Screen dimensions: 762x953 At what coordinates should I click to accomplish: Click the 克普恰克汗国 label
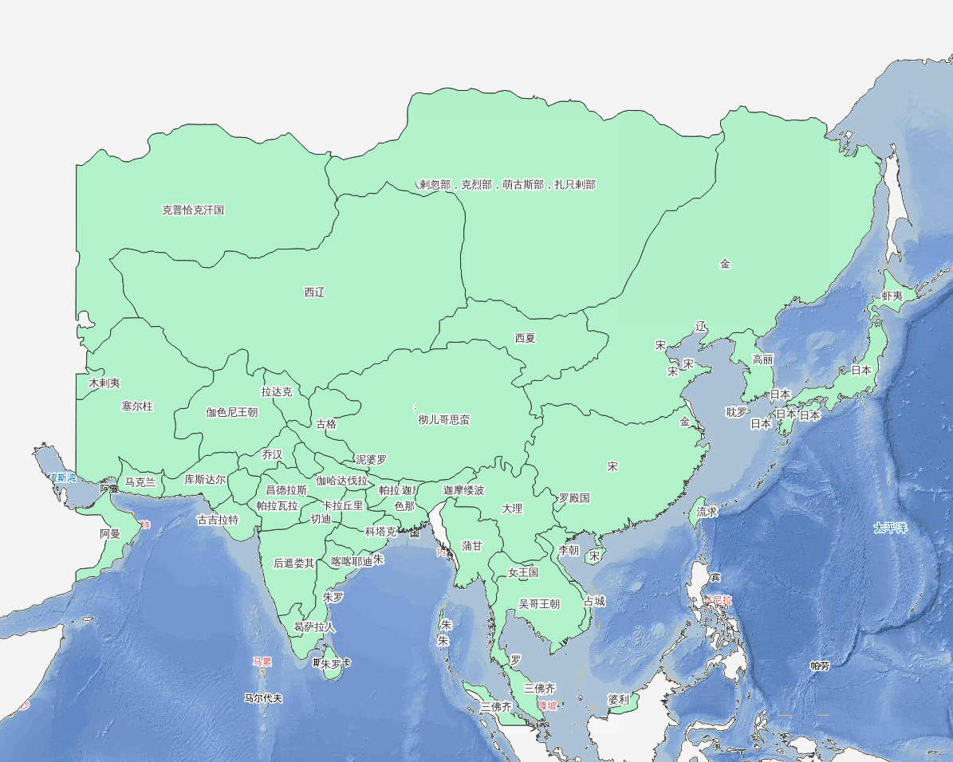[193, 210]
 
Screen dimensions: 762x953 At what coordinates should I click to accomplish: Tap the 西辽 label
[315, 293]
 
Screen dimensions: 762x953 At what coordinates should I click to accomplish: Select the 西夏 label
[526, 338]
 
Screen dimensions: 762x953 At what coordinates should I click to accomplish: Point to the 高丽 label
[763, 359]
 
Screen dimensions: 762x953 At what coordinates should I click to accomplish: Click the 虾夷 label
[892, 296]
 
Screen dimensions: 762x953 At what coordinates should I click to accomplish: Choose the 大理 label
[512, 509]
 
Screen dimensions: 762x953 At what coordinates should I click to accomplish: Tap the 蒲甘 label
[472, 546]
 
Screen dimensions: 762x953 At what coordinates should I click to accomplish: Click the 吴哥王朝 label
[539, 604]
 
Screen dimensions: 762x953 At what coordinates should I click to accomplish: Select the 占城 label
[595, 601]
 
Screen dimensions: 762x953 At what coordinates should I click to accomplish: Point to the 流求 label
[707, 512]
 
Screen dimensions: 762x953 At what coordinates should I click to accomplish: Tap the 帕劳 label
[820, 666]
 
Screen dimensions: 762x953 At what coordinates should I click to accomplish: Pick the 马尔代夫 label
[263, 698]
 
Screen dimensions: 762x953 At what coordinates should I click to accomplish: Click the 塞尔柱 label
[137, 407]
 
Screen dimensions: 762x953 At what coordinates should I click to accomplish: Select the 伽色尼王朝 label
[232, 412]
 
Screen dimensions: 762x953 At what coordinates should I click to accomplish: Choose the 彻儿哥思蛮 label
[444, 419]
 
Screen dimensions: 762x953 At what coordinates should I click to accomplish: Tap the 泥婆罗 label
[371, 460]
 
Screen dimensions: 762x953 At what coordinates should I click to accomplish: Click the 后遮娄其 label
[294, 563]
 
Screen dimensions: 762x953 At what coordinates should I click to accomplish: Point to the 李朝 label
[569, 550]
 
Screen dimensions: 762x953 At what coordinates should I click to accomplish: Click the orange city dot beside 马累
[262, 672]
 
